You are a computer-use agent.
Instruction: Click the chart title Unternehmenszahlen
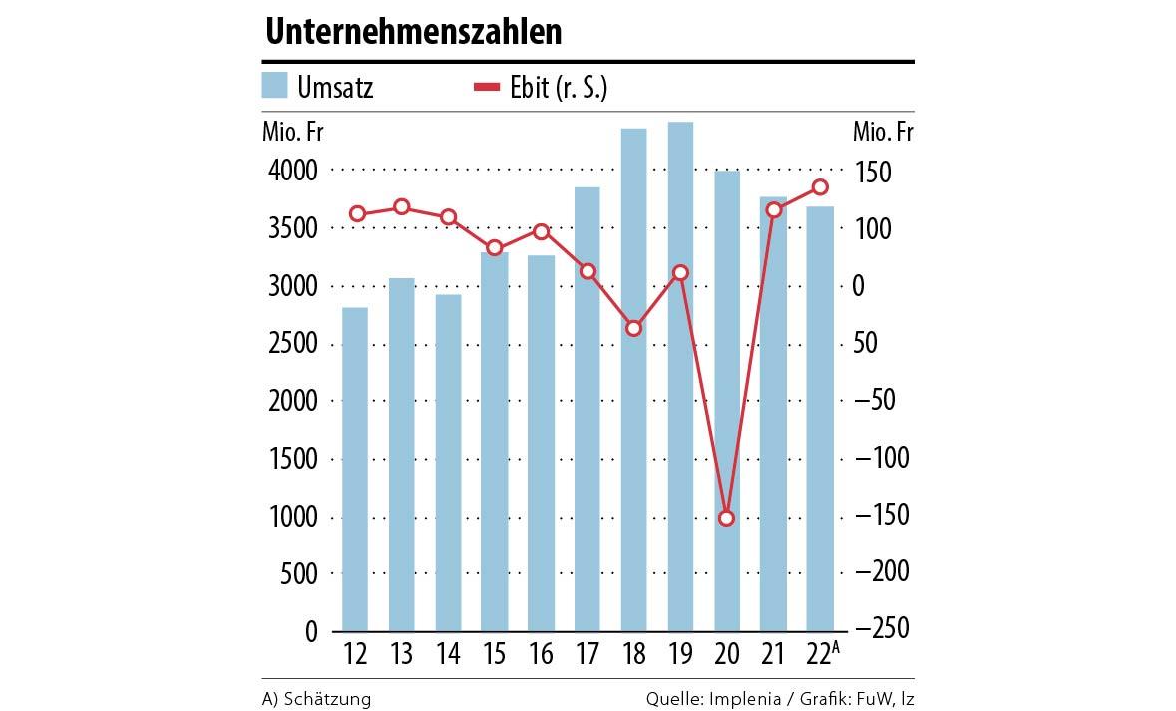pos(413,33)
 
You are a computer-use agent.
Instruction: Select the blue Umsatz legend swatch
pos(275,86)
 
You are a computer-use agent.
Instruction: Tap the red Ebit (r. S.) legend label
pos(564,88)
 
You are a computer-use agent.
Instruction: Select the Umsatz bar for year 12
pos(355,469)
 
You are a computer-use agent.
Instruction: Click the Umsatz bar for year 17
pos(588,409)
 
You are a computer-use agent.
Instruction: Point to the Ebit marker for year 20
pos(727,518)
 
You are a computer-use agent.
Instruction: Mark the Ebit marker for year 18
pos(634,328)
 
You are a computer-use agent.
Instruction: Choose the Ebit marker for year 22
pos(820,187)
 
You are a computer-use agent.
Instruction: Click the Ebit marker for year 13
pos(402,207)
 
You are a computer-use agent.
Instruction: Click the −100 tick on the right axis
pos(883,459)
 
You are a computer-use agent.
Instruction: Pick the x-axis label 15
pos(494,655)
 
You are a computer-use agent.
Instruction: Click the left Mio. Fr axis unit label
pos(292,132)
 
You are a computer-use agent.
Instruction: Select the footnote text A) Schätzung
pos(316,699)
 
